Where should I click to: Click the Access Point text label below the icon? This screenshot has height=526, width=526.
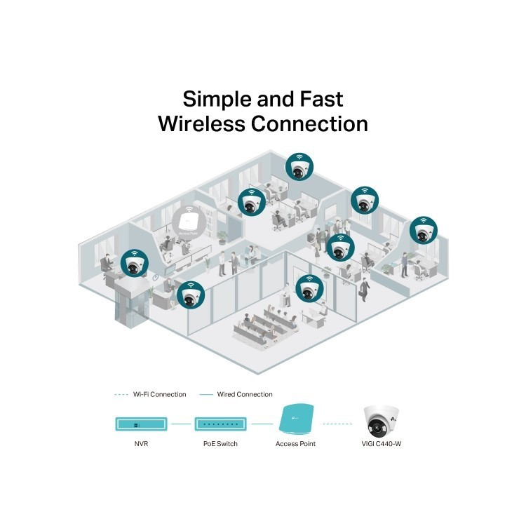295,445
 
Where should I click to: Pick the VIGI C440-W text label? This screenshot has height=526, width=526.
382,445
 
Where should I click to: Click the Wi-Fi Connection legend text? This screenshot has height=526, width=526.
159,394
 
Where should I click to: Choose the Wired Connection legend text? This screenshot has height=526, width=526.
245,394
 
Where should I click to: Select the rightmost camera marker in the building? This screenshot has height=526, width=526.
423,231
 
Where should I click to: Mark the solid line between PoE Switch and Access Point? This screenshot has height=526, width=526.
262,424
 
